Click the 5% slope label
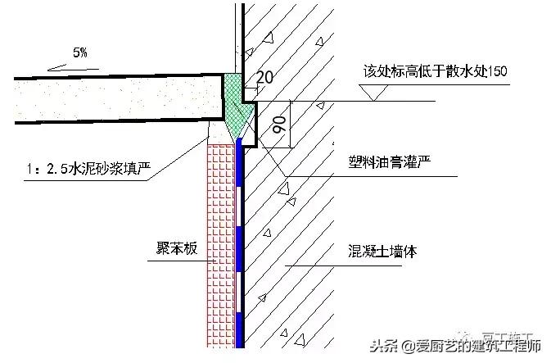coord(80,52)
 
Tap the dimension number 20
coord(264,78)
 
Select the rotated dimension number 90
coord(278,125)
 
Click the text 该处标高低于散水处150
coord(435,71)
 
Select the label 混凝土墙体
coord(381,252)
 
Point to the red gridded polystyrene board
coord(220,246)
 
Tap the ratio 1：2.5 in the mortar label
coord(43,170)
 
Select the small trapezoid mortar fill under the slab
coord(218,132)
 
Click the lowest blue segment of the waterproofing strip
coord(240,328)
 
